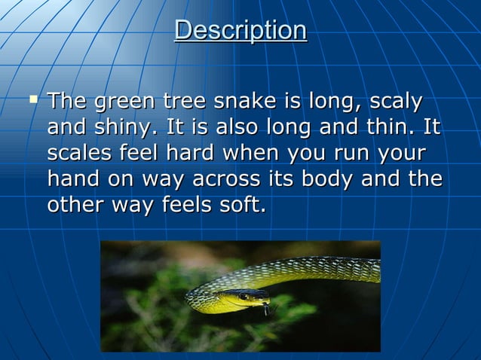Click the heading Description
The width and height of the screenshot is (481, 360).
click(x=240, y=30)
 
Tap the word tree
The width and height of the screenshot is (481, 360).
click(x=184, y=101)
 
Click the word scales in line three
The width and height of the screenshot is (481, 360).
click(x=80, y=153)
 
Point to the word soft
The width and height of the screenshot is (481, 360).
click(x=247, y=204)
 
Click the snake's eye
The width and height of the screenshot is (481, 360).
click(x=244, y=297)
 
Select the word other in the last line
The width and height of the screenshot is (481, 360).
click(x=74, y=204)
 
